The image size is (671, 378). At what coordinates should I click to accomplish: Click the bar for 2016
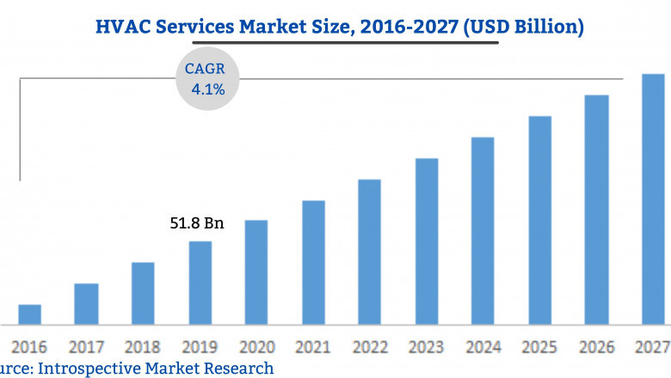click(30, 314)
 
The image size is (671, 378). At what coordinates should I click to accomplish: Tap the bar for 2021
click(313, 263)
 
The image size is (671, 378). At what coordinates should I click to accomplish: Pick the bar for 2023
click(427, 241)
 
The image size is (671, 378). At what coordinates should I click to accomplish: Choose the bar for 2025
click(539, 220)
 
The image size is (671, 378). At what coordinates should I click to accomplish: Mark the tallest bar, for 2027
click(653, 199)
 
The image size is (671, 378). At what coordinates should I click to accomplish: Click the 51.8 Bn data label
click(196, 224)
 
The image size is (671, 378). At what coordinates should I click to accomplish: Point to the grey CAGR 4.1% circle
click(207, 77)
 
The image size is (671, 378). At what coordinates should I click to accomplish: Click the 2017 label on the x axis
click(86, 347)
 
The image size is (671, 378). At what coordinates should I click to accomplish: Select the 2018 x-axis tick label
click(143, 347)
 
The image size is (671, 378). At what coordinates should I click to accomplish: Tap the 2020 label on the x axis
click(256, 347)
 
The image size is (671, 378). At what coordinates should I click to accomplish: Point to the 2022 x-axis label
click(370, 347)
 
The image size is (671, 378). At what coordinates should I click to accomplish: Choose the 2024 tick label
click(483, 347)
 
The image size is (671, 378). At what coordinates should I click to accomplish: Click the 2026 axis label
click(596, 347)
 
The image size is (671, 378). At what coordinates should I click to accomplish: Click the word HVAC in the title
click(120, 27)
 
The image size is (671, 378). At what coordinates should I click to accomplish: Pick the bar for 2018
click(143, 294)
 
